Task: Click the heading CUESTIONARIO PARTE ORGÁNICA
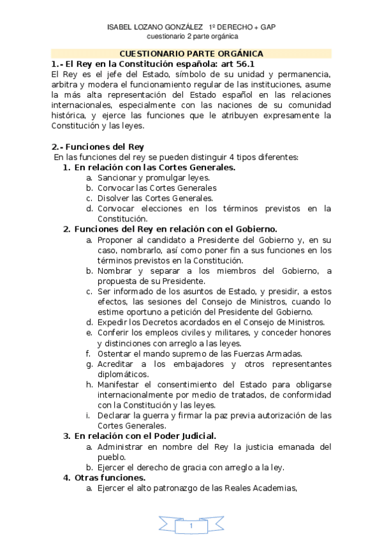click(191, 54)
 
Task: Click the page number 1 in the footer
click(191, 525)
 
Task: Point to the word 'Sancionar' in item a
click(116, 178)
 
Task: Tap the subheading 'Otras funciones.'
click(110, 477)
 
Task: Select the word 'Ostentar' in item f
click(115, 353)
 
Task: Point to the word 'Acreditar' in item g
click(116, 364)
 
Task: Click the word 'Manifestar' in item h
click(120, 385)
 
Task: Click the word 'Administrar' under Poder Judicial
click(124, 446)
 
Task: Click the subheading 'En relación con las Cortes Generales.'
click(155, 167)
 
